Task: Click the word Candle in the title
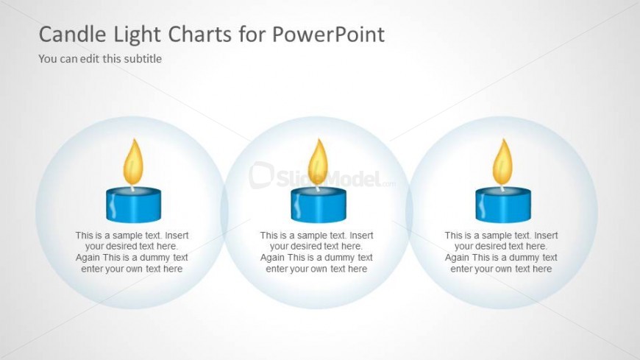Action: [72, 34]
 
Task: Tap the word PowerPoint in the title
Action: [328, 34]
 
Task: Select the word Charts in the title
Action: [200, 34]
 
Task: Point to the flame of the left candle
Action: [133, 161]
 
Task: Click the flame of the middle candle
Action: [318, 161]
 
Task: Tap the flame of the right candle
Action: [502, 161]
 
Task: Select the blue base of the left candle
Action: [133, 205]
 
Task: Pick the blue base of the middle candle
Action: [319, 205]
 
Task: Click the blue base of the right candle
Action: [503, 205]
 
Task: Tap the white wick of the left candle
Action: [132, 188]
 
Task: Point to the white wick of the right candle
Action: [502, 188]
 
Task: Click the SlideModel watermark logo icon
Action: [261, 175]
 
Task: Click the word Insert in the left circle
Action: [177, 236]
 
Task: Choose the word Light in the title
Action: [137, 34]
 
